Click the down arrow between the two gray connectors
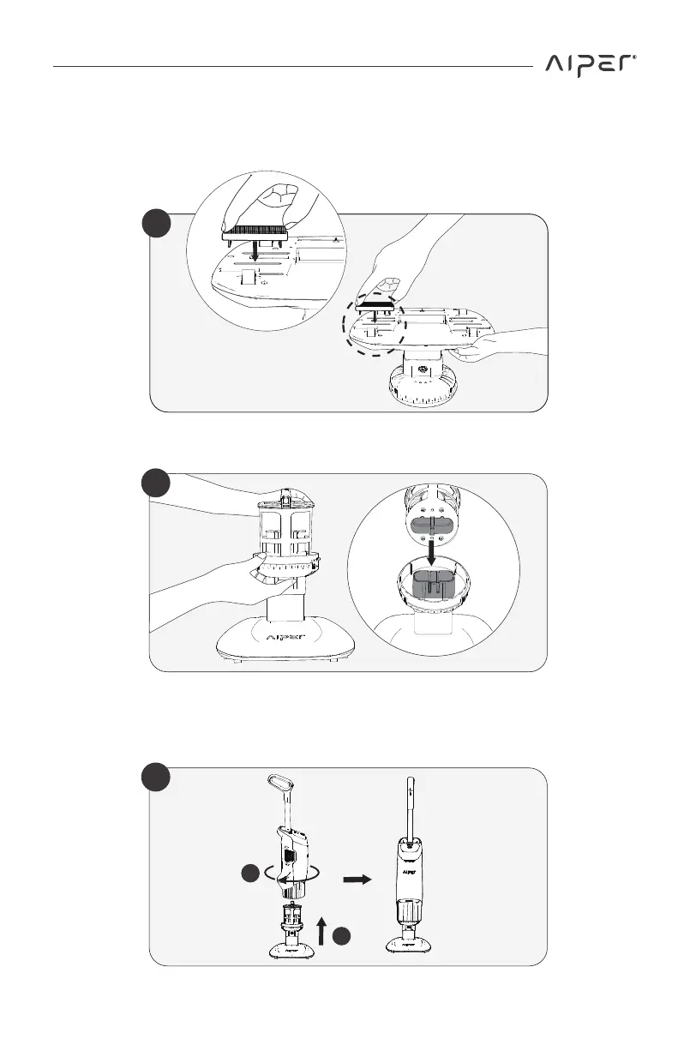(x=437, y=553)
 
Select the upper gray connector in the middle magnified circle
(x=437, y=525)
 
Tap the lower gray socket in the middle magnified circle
(x=437, y=587)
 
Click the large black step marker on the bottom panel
(x=156, y=778)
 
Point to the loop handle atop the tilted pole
(x=279, y=784)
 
